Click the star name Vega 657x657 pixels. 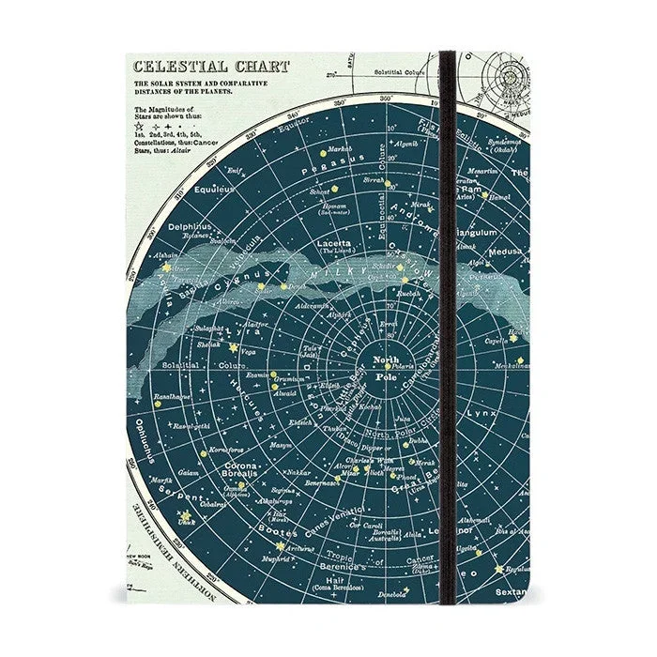(249, 352)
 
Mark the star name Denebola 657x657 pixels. (392, 595)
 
